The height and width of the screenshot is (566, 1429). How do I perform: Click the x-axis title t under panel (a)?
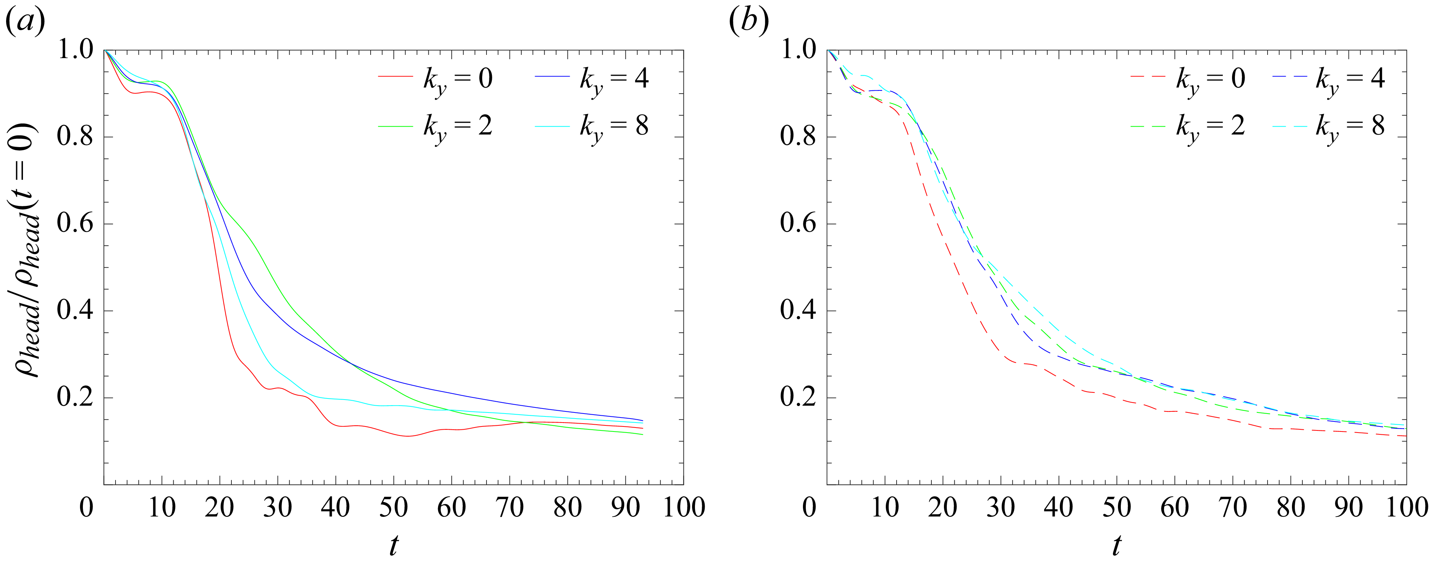pos(393,546)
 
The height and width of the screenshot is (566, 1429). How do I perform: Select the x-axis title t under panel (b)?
pos(1117,546)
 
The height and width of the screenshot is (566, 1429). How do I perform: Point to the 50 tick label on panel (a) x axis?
pos(393,507)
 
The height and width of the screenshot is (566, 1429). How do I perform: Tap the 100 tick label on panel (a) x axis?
pos(683,507)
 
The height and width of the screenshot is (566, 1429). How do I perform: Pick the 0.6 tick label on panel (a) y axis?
pos(75,223)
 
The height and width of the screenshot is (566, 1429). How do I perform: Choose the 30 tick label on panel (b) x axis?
pos(1001,507)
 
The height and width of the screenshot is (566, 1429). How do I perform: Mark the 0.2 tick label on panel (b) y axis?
pos(798,397)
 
